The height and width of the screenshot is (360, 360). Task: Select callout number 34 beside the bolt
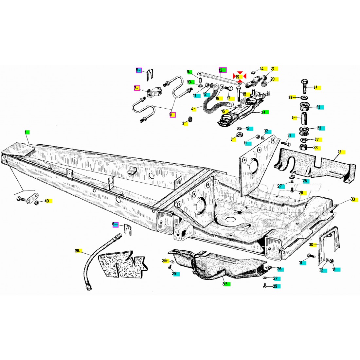point(315,87)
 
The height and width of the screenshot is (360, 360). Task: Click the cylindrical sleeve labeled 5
point(304,117)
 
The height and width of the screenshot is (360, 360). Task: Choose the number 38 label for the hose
point(77,251)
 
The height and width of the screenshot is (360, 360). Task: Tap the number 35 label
point(225,284)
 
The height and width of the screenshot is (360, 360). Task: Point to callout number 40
point(46,201)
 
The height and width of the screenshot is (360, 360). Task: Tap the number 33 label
point(353,199)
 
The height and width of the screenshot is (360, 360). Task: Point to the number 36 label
point(164,261)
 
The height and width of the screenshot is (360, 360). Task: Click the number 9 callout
point(189,72)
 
